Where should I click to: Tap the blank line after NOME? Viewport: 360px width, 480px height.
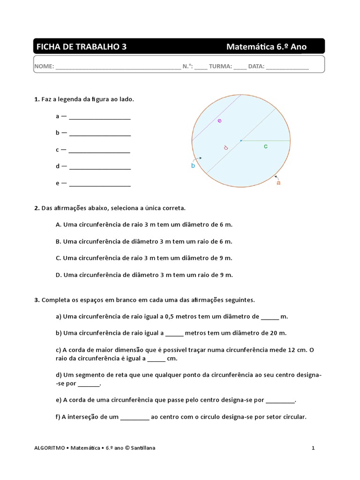coord(118,67)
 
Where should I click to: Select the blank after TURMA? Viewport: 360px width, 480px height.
coord(240,67)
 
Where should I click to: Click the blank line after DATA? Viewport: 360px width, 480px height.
coord(287,67)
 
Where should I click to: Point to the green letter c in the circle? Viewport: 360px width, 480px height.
coord(266,146)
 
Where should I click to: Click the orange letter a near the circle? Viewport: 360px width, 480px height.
coord(278,183)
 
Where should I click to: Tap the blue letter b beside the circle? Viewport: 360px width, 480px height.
coord(193,165)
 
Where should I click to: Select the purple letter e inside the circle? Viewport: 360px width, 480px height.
coord(219,121)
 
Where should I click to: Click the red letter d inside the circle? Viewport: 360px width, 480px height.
coord(225,148)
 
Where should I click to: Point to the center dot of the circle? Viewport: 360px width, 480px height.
coord(241,140)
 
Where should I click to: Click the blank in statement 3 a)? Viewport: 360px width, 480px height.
coord(270,317)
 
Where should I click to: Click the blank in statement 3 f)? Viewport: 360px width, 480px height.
coord(135,418)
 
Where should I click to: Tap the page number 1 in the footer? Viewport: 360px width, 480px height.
coord(313,448)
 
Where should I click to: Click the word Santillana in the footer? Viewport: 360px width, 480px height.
coord(143,448)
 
